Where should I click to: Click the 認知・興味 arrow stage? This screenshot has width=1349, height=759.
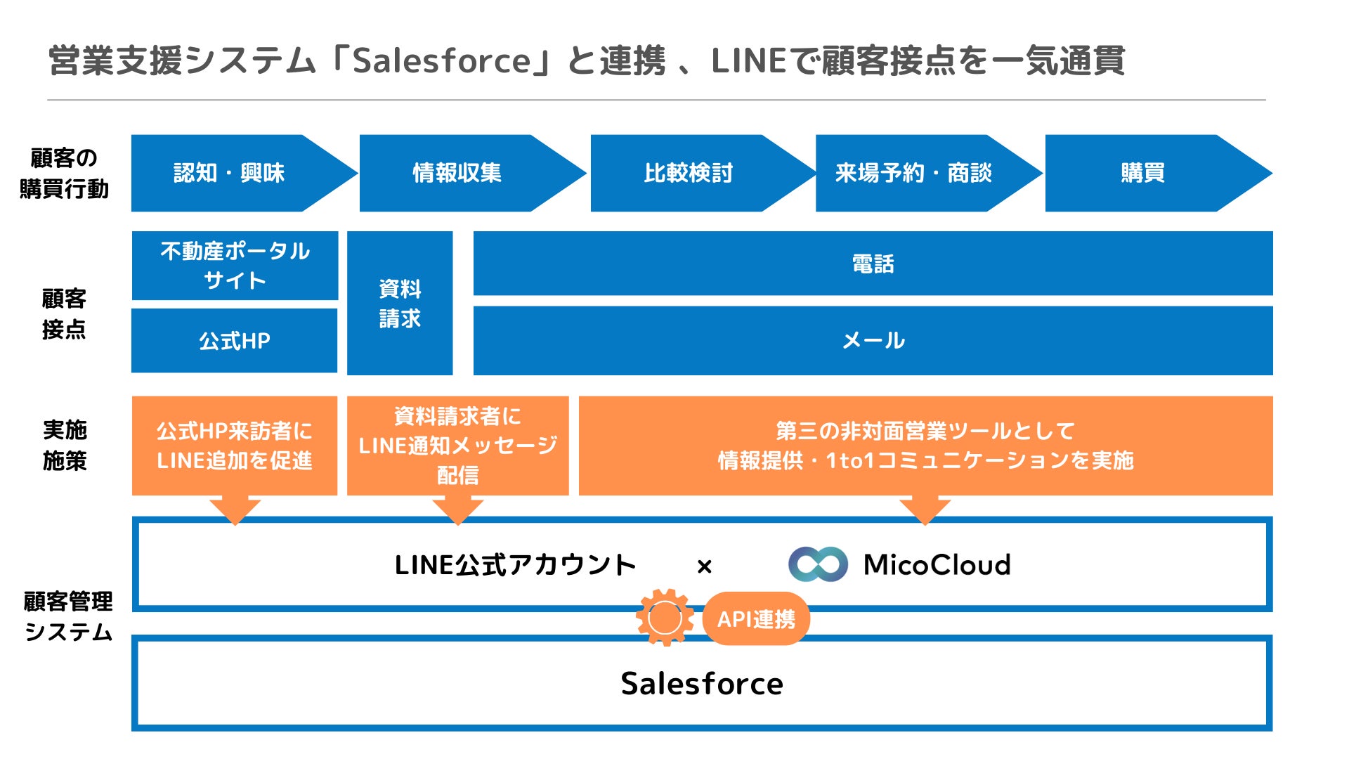[229, 173]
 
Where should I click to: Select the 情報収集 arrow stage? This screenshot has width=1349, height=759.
[457, 173]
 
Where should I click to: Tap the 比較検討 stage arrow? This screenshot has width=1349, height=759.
[689, 173]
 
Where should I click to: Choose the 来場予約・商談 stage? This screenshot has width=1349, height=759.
[913, 173]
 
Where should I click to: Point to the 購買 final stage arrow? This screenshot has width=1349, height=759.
[1143, 173]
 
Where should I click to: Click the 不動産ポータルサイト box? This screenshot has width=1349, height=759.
[235, 266]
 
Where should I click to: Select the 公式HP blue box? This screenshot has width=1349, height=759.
[235, 341]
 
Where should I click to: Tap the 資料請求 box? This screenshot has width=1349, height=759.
[400, 304]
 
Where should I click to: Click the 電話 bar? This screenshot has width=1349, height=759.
[873, 264]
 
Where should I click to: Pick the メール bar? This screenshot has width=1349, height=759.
[873, 341]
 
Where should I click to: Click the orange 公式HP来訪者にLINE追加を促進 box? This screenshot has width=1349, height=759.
[235, 446]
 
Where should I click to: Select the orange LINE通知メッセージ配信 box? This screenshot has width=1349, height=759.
[457, 446]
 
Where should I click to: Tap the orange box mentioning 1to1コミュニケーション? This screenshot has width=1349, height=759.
[925, 446]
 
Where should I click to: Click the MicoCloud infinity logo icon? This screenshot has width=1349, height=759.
[818, 564]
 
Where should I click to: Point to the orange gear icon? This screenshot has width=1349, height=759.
[665, 618]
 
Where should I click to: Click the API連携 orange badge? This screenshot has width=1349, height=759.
[756, 619]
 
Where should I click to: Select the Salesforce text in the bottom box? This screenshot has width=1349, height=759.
[702, 684]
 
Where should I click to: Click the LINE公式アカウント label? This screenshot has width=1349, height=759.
[515, 565]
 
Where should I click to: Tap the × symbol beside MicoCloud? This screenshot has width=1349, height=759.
[705, 566]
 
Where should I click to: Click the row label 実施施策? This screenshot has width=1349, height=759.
[65, 445]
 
